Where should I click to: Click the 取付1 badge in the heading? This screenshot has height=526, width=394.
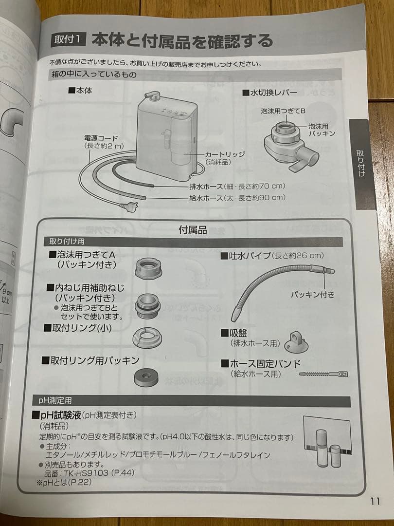coord(68,39)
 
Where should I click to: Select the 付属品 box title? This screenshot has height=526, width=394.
coord(193,230)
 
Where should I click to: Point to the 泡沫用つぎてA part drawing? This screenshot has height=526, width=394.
coord(147,267)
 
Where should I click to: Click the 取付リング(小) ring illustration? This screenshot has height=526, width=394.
coord(147,337)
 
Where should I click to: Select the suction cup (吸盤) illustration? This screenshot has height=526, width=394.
coord(296,341)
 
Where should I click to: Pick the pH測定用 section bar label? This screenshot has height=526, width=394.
coord(55,400)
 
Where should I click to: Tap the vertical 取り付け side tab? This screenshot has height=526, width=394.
coord(361,164)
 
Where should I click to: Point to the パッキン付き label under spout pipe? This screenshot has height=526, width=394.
coord(312,295)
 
